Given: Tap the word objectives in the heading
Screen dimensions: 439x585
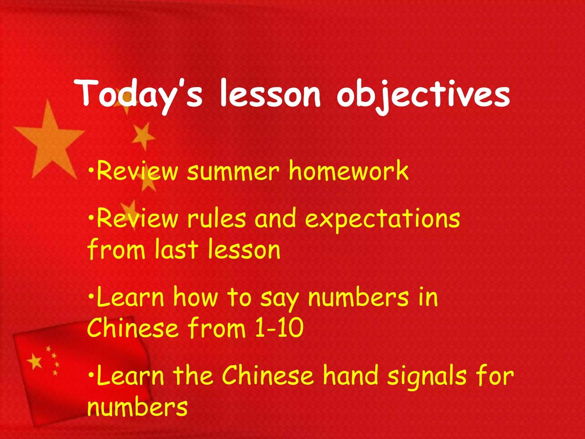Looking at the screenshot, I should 423,94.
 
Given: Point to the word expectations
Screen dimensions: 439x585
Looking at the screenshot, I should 382,219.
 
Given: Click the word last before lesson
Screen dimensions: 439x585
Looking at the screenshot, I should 176,249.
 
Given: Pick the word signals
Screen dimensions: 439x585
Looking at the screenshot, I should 427,377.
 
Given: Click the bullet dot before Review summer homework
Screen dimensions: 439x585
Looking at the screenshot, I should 91,171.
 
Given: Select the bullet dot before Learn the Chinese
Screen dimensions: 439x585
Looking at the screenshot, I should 91,375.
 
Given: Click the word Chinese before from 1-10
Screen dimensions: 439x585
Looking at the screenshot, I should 133,328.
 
